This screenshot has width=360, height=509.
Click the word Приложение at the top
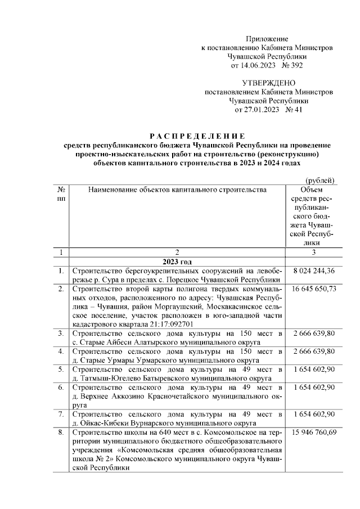pos(267,39)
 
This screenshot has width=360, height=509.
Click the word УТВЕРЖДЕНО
pos(269,83)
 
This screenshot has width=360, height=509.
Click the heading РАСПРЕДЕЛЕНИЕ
pos(197,136)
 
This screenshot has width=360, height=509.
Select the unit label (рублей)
pos(320,180)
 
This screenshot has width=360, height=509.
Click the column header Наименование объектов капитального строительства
pos(177,190)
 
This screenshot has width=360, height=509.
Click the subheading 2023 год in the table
pos(177,262)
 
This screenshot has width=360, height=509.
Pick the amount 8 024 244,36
pos(314,271)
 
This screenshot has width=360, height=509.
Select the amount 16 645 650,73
pos(314,289)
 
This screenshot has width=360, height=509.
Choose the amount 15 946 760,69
pos(314,432)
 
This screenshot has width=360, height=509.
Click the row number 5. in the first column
pos(60,369)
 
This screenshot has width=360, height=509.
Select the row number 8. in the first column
pos(60,432)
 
